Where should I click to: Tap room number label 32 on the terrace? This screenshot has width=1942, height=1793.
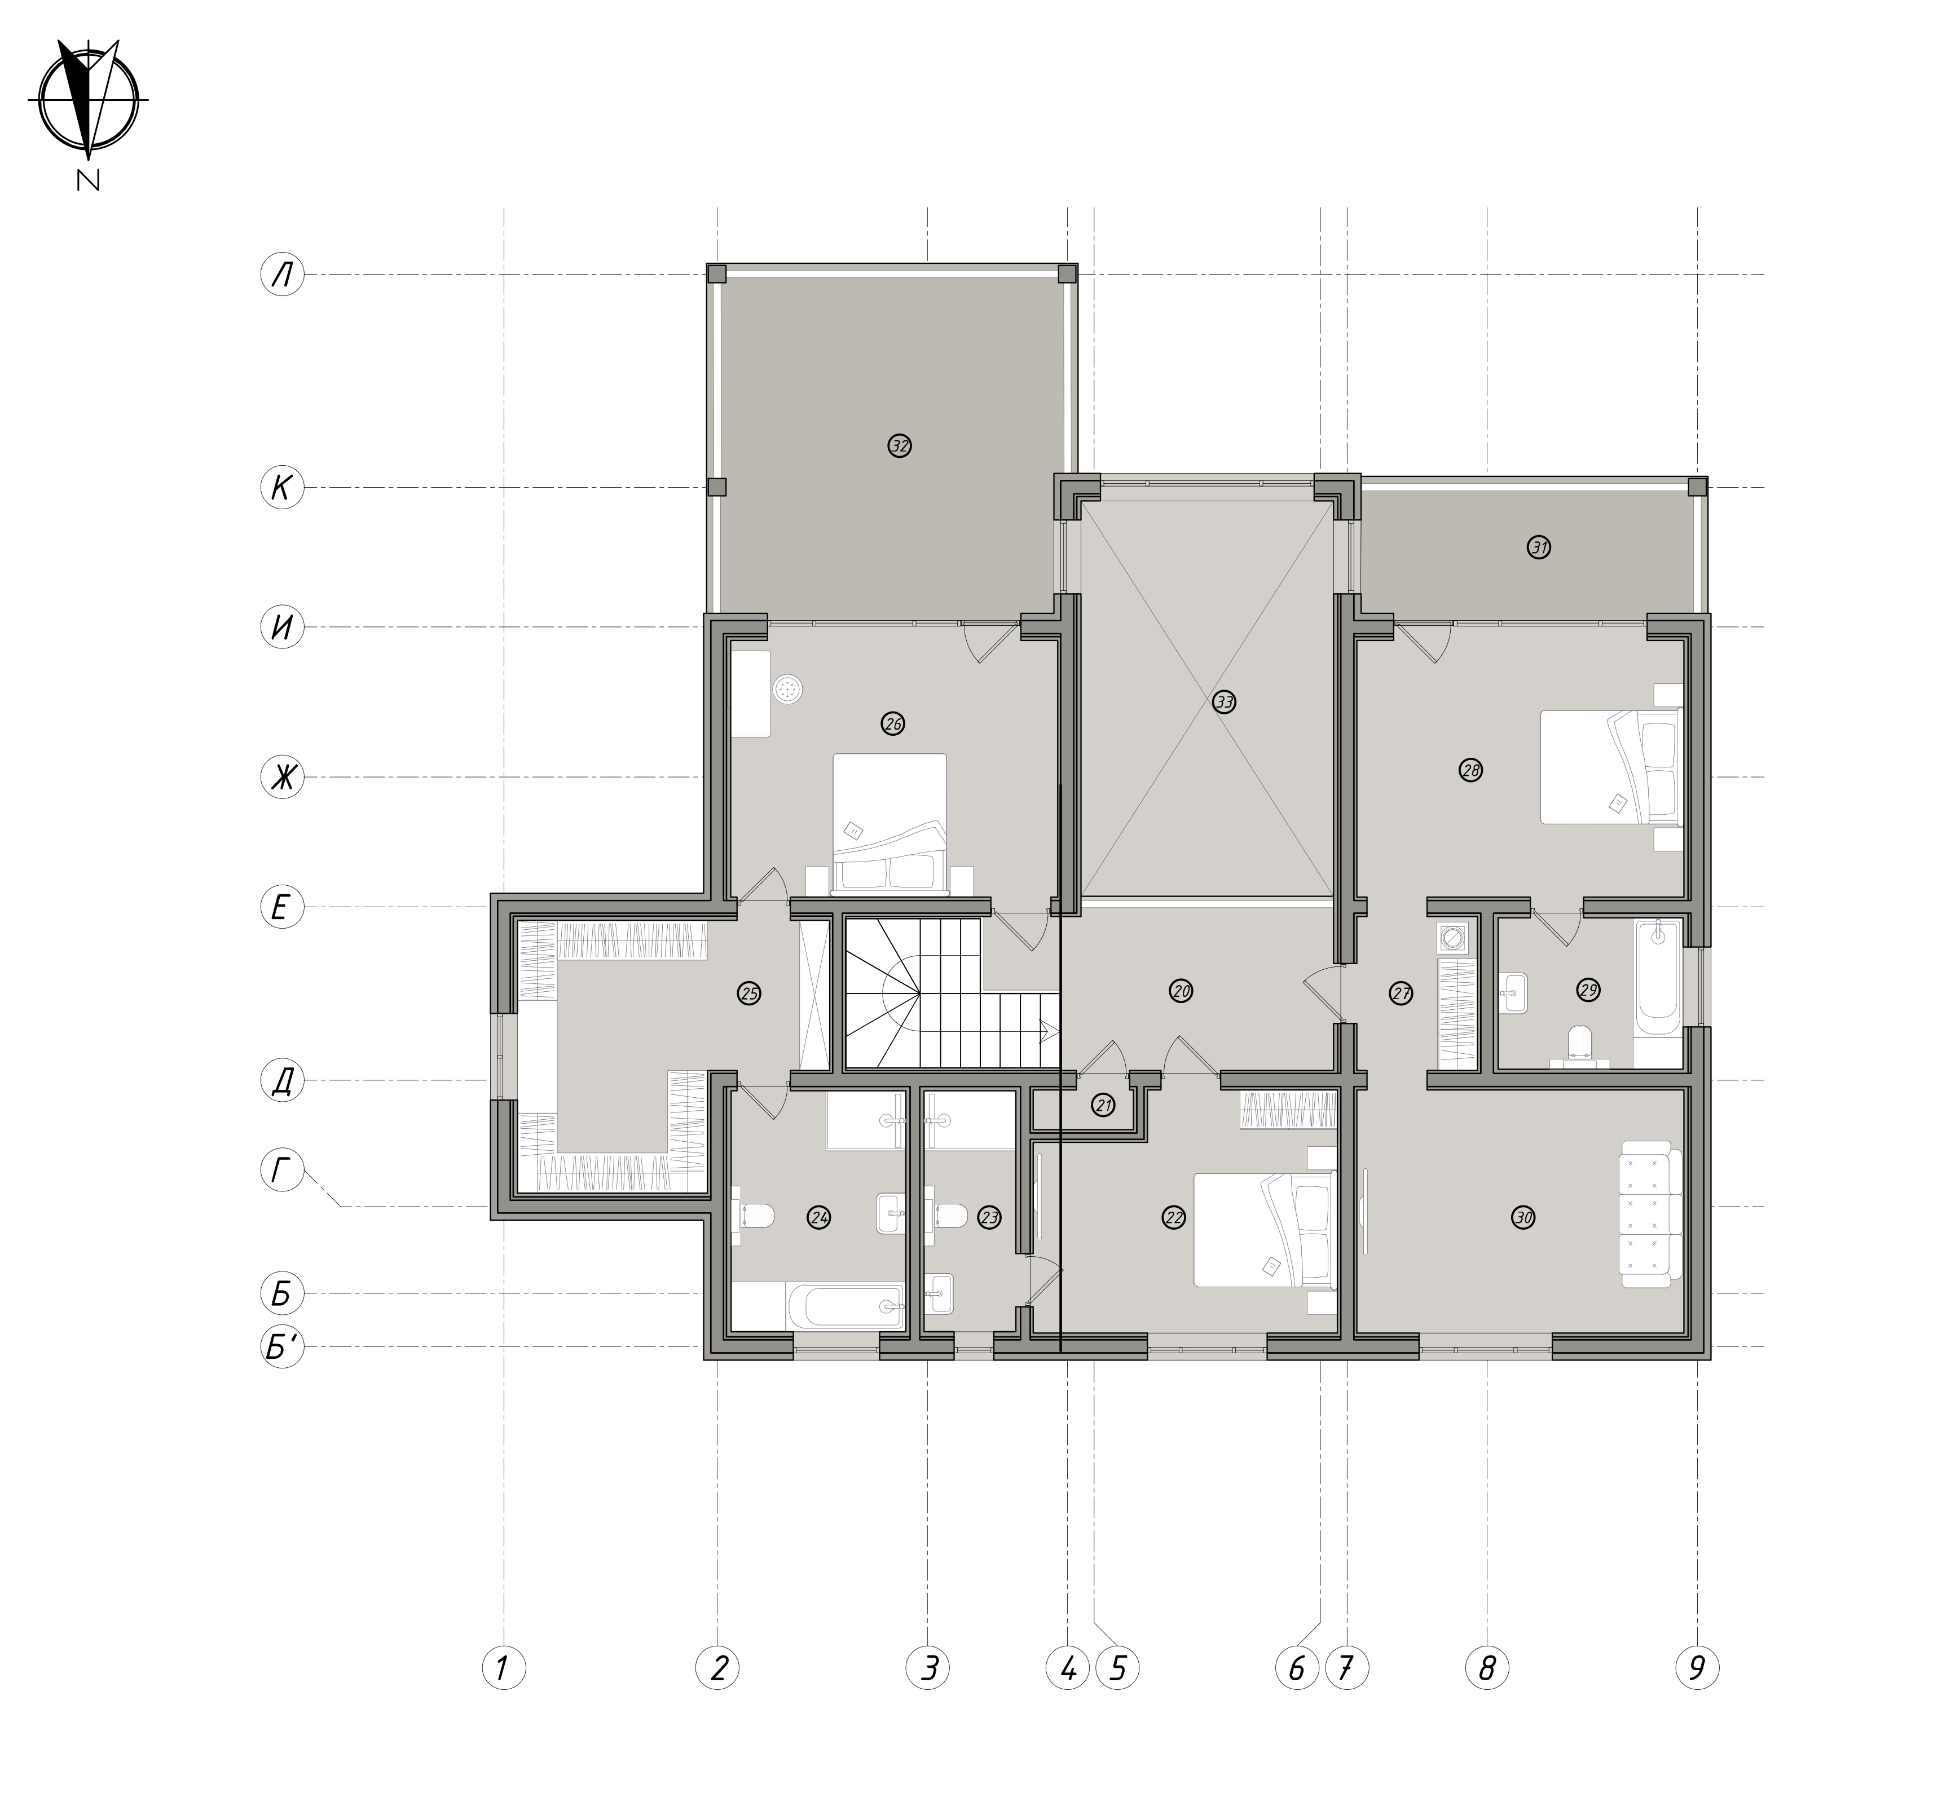[900, 447]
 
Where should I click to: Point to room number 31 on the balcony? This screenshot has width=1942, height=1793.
[1539, 547]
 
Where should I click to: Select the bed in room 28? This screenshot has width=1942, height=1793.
[1611, 767]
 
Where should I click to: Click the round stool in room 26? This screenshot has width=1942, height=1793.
[787, 690]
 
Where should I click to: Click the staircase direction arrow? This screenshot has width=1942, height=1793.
[1048, 1030]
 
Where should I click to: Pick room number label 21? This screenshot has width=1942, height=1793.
[1103, 1105]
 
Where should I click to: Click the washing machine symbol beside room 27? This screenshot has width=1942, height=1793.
[1452, 938]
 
